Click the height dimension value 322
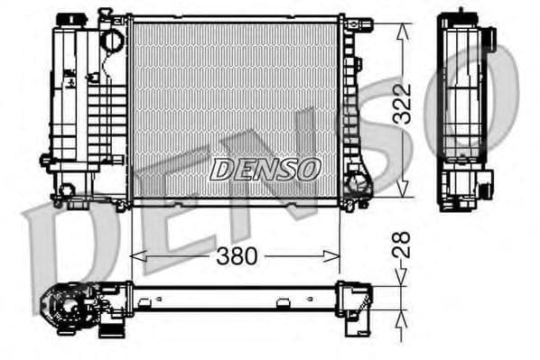403,106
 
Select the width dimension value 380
237,257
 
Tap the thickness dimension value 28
403,245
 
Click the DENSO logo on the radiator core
265,169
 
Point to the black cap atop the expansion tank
67,19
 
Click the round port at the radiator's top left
111,40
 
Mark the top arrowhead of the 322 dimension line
403,22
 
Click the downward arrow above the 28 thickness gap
403,279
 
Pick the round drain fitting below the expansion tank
66,190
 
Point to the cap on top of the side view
461,14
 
